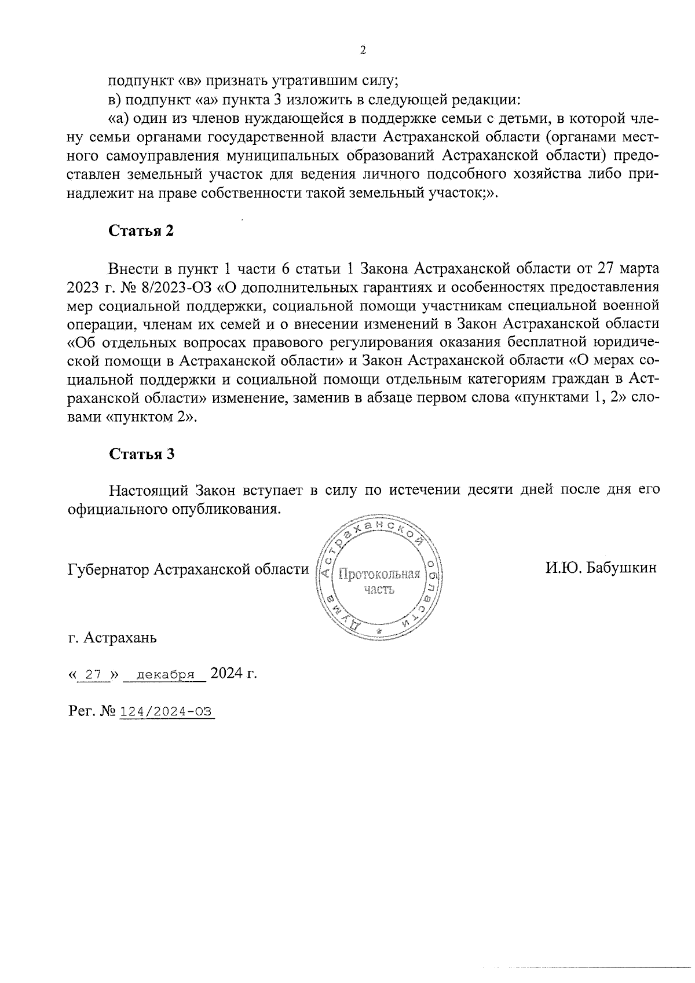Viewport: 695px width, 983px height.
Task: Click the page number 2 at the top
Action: coord(363,50)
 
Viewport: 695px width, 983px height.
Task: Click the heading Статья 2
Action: coord(141,231)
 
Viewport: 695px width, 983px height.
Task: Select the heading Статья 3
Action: coord(141,454)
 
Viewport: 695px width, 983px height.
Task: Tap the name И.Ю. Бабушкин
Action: coord(601,567)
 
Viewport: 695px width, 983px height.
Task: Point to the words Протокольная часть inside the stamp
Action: coord(379,582)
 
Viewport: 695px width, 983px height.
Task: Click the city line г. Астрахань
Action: coord(112,638)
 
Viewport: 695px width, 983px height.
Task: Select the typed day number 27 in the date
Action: coord(93,675)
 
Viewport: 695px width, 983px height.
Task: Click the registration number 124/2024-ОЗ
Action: coord(166,711)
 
